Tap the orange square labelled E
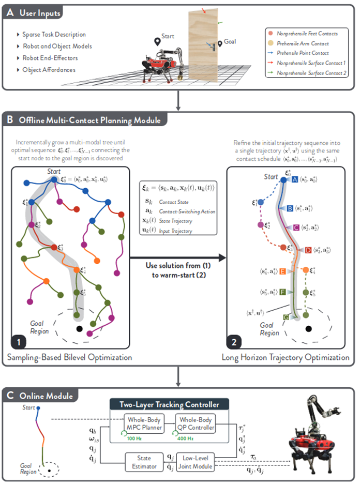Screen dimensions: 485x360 (283, 271)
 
